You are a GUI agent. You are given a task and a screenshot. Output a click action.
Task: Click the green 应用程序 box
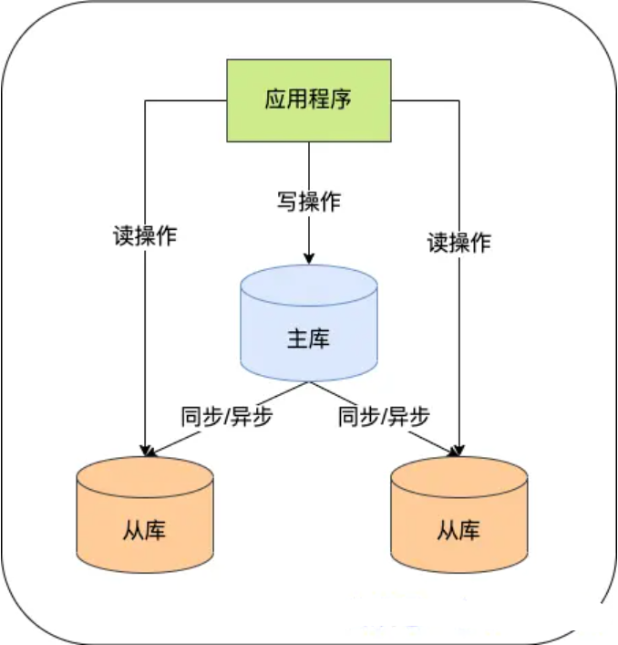tap(308, 99)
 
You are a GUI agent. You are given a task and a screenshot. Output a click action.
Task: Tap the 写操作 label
tap(308, 202)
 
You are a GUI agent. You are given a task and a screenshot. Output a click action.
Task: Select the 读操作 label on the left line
tap(145, 234)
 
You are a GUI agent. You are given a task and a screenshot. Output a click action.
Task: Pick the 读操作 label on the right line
tap(458, 243)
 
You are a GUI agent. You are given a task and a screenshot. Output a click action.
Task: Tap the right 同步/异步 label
tap(383, 418)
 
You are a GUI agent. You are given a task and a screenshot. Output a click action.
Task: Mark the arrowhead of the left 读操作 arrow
tap(145, 448)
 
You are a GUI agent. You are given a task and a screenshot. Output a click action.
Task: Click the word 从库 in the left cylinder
tap(145, 530)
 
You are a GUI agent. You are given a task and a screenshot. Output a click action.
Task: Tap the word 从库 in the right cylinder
tap(458, 530)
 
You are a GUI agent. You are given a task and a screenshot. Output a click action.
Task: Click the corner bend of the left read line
tap(145, 99)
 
